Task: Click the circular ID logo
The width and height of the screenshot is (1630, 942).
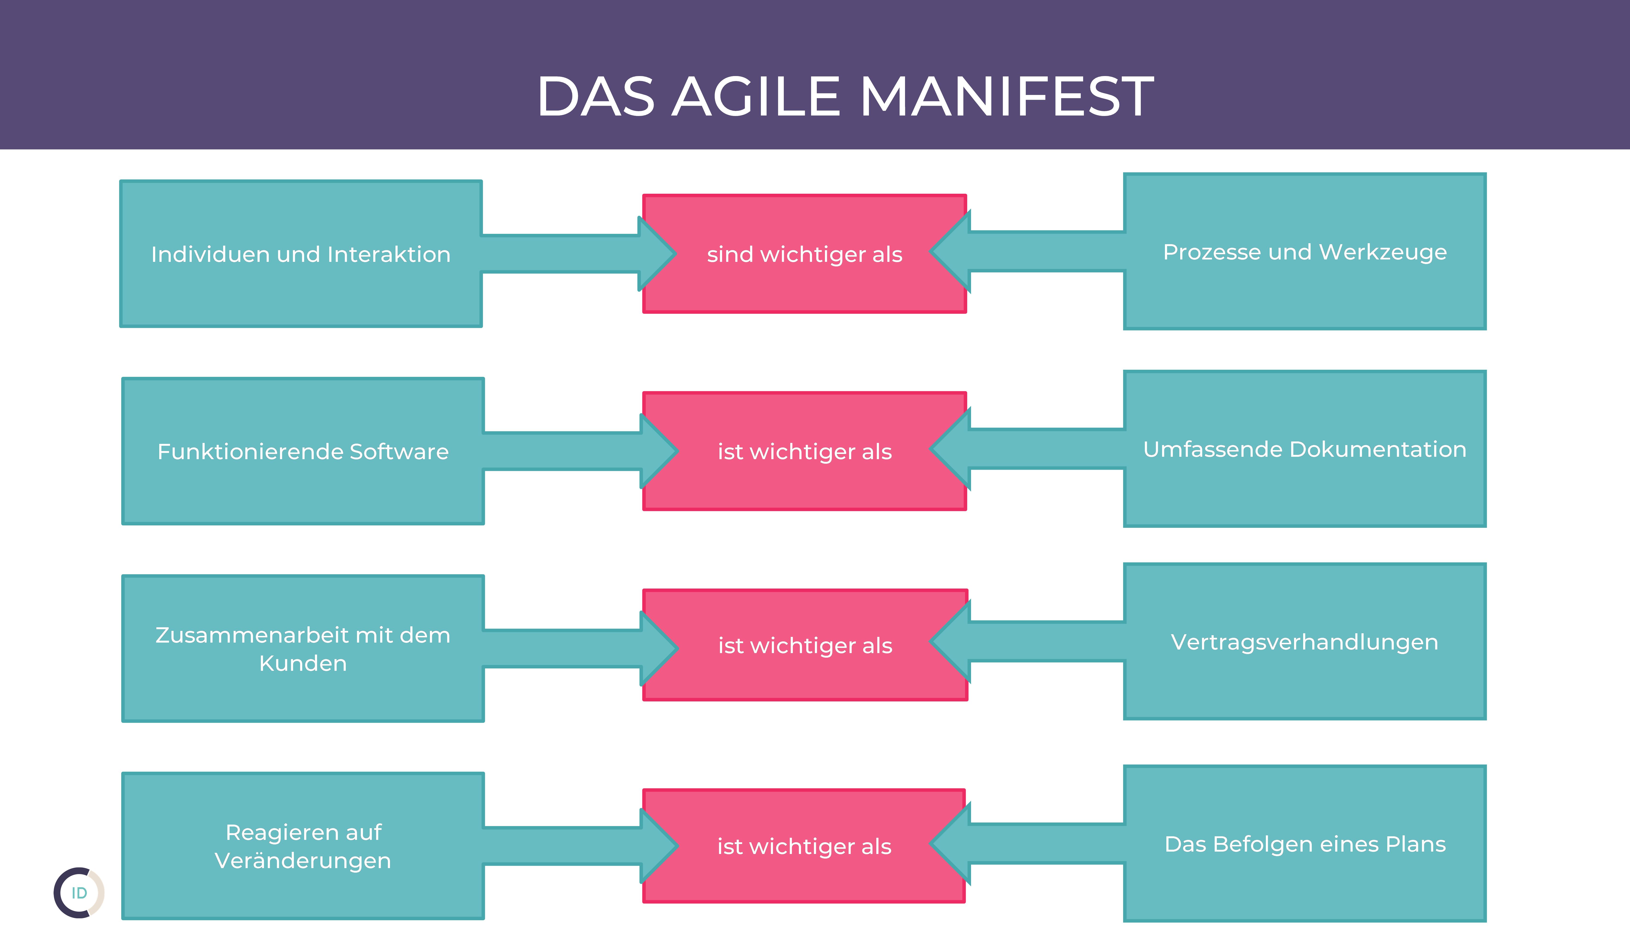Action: (x=79, y=893)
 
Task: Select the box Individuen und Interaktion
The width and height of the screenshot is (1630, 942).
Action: (x=301, y=253)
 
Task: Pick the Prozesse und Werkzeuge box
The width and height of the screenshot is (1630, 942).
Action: (x=1305, y=252)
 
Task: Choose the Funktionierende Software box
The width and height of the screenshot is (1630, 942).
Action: (x=303, y=451)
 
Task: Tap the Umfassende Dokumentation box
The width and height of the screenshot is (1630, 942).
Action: (x=1305, y=449)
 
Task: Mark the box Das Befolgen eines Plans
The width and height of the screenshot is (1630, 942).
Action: (x=1305, y=844)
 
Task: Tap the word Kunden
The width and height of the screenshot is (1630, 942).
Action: (x=303, y=663)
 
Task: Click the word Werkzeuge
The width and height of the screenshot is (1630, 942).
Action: (x=1383, y=252)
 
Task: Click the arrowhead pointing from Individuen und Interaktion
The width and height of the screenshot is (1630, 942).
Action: (x=655, y=253)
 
